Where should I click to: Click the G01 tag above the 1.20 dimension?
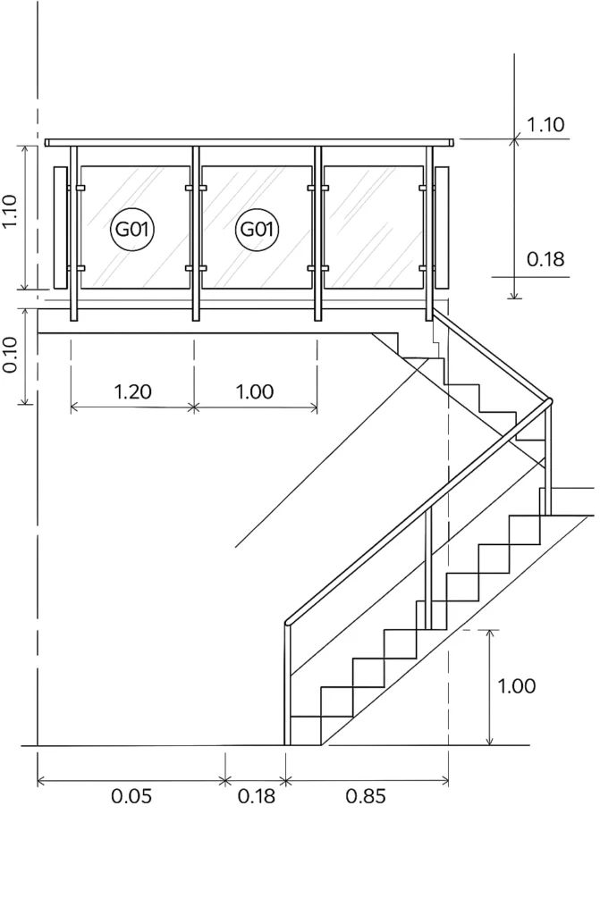tap(131, 230)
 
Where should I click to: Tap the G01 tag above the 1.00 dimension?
tap(257, 230)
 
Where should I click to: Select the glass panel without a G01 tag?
tap(374, 227)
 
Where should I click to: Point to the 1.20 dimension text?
tap(132, 391)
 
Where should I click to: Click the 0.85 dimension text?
tap(366, 796)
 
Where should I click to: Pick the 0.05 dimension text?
tap(131, 796)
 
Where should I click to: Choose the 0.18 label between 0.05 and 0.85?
tap(256, 796)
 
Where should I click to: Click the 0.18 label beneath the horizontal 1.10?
tap(545, 259)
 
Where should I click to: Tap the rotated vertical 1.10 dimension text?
tap(11, 214)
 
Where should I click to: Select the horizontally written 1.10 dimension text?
tap(545, 125)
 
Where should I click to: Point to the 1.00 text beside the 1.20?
tap(255, 391)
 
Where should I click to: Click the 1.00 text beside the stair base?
tap(516, 686)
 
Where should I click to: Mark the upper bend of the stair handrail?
tap(548, 401)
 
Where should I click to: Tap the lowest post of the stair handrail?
tap(288, 684)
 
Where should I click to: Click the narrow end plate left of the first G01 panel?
tap(60, 227)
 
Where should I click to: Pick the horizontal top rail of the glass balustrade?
tap(249, 142)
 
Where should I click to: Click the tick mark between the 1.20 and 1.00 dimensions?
tap(194, 407)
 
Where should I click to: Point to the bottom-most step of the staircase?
tap(306, 730)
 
